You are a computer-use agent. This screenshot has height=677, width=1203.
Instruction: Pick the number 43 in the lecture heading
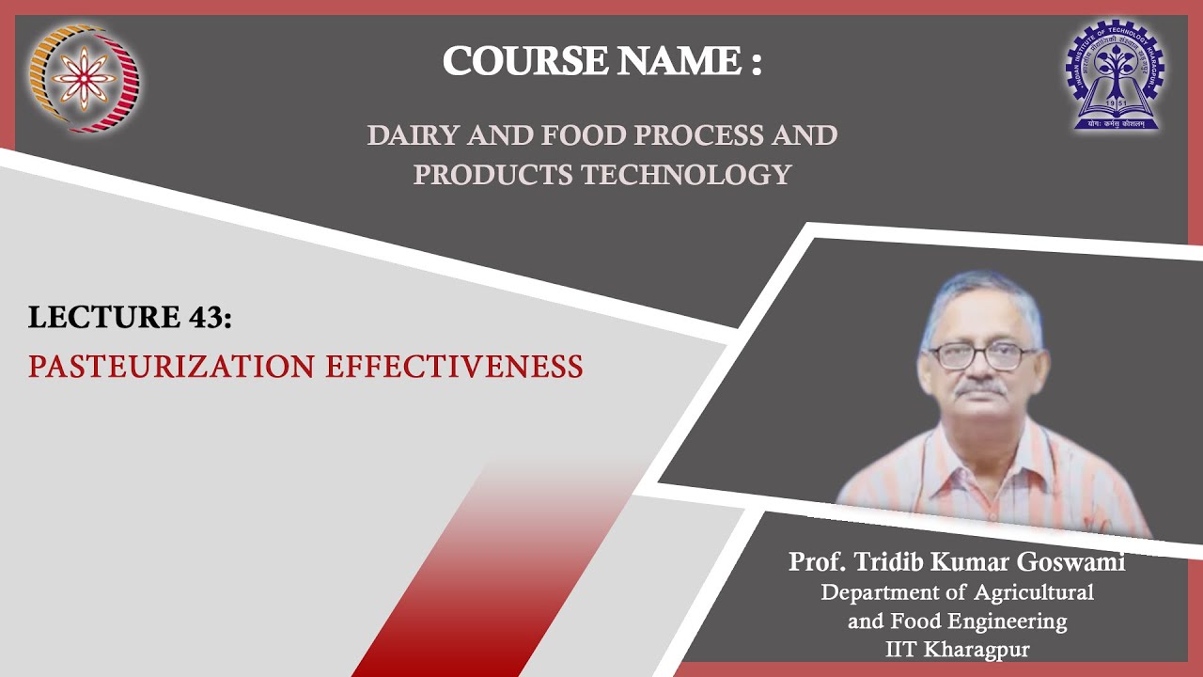[204, 318]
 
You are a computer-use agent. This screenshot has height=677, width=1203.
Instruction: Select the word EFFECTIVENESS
[455, 366]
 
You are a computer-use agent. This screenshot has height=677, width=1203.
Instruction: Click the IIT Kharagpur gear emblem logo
[1115, 75]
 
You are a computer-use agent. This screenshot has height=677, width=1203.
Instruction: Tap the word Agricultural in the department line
[1034, 592]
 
